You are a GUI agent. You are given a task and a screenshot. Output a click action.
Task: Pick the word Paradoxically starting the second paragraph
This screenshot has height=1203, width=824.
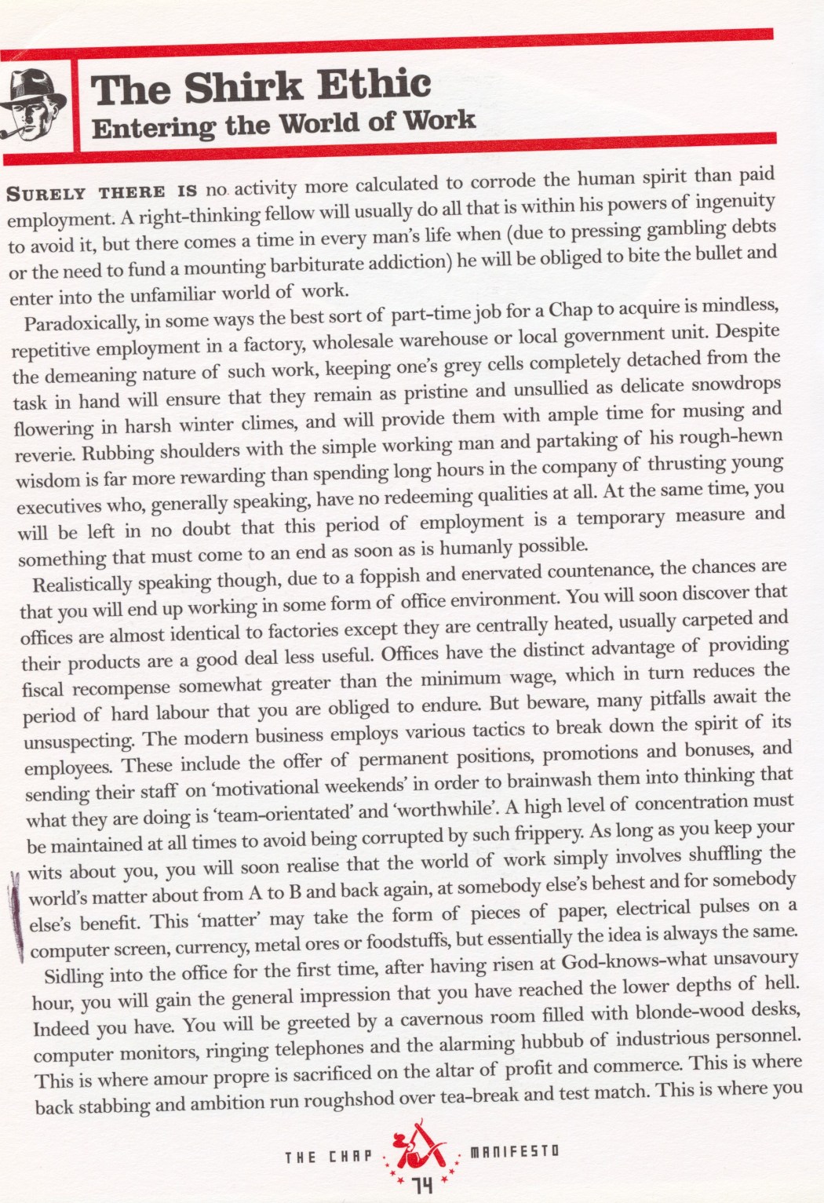(x=75, y=323)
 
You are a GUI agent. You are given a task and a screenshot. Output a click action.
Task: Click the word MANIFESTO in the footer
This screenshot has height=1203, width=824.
(x=514, y=1151)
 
